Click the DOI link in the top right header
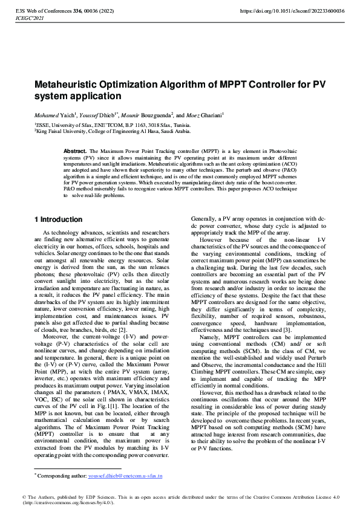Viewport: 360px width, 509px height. (x=292, y=11)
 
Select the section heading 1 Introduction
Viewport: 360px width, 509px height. (x=58, y=219)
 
